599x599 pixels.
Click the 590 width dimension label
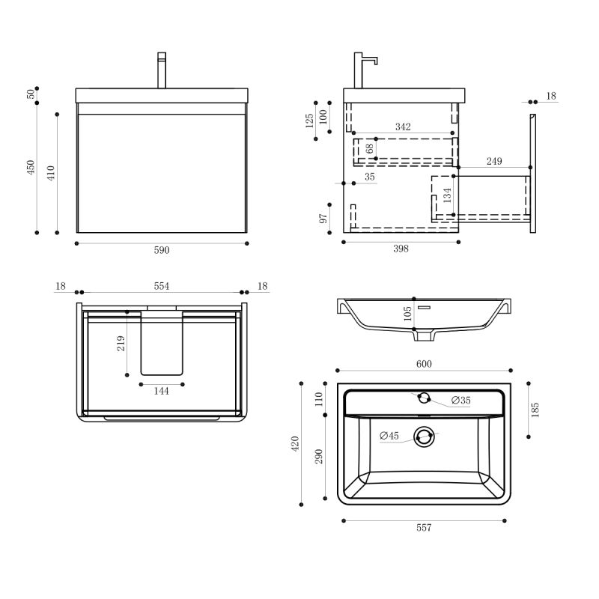tap(162, 251)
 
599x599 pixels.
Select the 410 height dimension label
tap(51, 174)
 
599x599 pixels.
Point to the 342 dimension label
tap(403, 127)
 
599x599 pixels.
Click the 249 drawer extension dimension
tap(493, 161)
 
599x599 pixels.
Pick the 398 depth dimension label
tap(401, 250)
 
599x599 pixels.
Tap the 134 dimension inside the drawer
tap(447, 195)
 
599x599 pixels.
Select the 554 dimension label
tap(162, 286)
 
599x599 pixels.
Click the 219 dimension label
tap(121, 343)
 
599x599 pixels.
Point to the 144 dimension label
tap(162, 391)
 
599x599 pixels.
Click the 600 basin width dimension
tap(424, 364)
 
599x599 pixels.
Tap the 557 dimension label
tap(424, 528)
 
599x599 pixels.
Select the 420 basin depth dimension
tap(295, 443)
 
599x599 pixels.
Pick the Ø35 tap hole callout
tap(460, 401)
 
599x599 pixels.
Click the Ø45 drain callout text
tap(389, 436)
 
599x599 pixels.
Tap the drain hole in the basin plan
tap(425, 437)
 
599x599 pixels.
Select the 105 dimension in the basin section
tap(407, 313)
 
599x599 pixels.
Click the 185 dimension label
tap(535, 410)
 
